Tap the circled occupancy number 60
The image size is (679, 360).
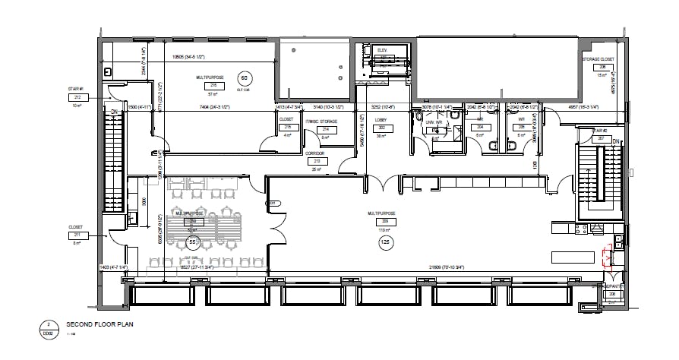(x=244, y=79)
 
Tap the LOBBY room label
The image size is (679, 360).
(x=382, y=121)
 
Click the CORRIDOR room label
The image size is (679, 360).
(x=315, y=153)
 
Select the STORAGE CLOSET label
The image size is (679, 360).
(x=597, y=59)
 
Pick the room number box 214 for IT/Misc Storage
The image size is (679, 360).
(x=326, y=130)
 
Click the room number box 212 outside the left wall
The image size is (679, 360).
(x=77, y=97)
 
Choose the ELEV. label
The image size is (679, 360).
(x=382, y=50)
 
